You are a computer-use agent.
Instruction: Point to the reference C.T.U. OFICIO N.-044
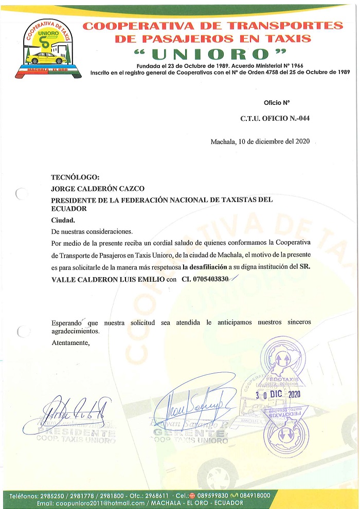[275, 119]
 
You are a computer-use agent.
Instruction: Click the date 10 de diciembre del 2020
[260, 142]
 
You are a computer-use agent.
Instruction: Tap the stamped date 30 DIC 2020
[278, 395]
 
